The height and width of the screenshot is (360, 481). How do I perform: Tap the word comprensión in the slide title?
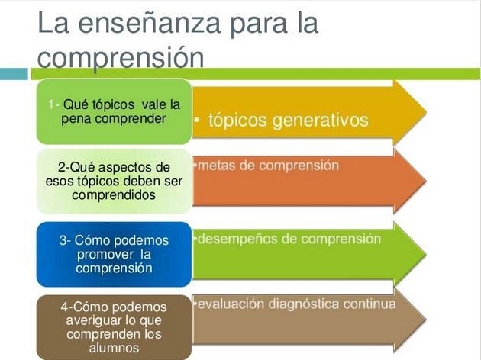[x=121, y=56]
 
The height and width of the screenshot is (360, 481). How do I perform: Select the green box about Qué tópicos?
[x=114, y=111]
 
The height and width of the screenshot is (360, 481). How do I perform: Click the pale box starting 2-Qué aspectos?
[x=114, y=181]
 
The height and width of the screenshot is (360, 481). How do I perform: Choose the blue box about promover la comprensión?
[x=114, y=254]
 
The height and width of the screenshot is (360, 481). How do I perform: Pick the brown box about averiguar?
[x=114, y=326]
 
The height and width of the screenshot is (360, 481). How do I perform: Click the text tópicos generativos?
[x=288, y=121]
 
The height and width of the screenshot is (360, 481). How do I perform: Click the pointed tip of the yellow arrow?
[x=425, y=111]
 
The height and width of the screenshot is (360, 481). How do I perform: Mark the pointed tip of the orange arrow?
[x=425, y=180]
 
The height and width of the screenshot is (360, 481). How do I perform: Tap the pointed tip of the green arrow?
[x=425, y=253]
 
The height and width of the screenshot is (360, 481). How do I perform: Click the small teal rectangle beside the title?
[x=14, y=73]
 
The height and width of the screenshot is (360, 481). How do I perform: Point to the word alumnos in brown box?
[x=114, y=348]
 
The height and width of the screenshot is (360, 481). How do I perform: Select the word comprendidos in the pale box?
[x=114, y=194]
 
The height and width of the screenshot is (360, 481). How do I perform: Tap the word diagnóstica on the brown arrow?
[x=299, y=304]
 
